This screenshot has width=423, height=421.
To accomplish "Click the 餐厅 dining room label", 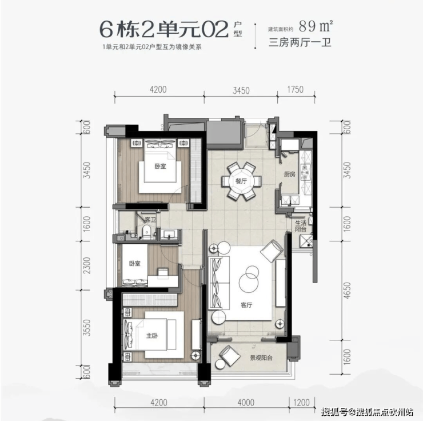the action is point(241,181).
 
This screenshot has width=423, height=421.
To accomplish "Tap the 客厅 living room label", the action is point(246,305).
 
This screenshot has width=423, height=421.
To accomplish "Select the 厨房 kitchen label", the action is point(289,174).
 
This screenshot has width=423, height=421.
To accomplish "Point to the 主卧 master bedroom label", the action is point(152,336).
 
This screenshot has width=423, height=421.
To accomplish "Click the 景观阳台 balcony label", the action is point(261,358).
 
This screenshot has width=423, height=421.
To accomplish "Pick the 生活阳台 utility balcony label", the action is point(301,226).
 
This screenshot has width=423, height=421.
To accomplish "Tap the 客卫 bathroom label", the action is point(150,220).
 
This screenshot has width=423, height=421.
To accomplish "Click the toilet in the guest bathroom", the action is point(146,232).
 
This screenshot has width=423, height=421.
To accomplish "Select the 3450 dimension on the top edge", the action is point(241,90).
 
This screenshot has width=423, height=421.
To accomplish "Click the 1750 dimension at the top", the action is point(296,89).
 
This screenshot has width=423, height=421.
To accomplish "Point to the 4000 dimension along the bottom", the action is point(246,403).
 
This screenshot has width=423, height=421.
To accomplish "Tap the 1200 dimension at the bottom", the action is point(301,403).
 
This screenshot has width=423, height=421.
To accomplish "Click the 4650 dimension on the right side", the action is point(348,291).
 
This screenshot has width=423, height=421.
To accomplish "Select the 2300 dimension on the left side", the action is point(86,265).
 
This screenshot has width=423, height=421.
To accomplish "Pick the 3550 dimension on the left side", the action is point(86,328).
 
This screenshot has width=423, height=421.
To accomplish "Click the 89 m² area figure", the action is point(316,26).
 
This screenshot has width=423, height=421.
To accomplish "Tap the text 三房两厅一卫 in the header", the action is point(300,42).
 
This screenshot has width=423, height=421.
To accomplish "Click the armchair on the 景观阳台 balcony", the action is point(229,356).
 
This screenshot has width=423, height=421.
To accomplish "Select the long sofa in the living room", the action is point(219,283).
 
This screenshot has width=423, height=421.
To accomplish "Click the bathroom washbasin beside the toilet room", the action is point(170,235).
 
